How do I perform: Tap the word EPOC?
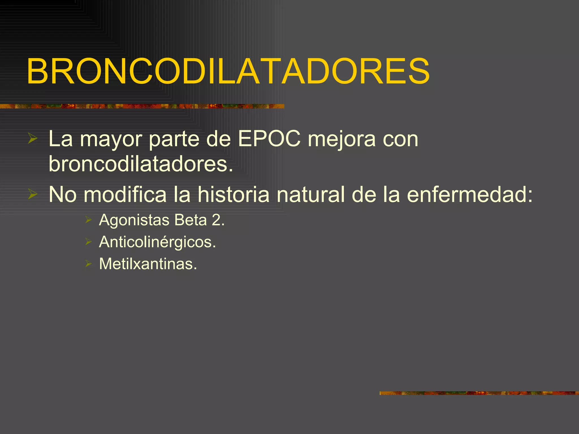coord(269,139)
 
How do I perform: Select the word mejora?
coord(342,139)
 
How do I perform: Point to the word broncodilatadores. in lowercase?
coord(141,164)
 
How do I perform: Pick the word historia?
coord(233,194)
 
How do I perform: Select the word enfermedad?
coord(470,194)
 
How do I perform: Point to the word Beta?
coord(191,220)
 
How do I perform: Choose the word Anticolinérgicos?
coord(157,242)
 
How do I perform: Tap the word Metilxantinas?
coord(148,264)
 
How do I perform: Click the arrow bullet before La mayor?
coord(33,139)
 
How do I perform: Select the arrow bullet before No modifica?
coord(33,194)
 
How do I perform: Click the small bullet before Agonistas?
coord(88,220)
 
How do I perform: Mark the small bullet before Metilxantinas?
coord(88,264)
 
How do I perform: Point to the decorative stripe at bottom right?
coord(479,393)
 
